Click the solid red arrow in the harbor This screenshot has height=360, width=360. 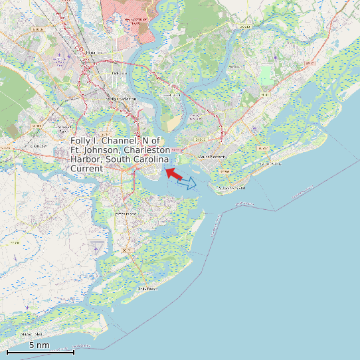coord(173,173)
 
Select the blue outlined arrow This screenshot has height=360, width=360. coord(187,183)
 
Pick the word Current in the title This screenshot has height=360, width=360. coord(86,169)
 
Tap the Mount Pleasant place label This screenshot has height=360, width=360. coord(213,157)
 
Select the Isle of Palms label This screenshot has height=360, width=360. coord(270,163)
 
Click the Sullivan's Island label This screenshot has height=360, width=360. coord(233,188)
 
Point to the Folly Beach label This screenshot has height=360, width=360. coord(147,289)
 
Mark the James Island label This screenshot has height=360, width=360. coord(125,214)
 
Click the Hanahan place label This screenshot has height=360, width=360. coord(94,52)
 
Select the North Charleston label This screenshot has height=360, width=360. coord(121,99)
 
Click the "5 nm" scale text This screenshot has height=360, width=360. coord(39,345)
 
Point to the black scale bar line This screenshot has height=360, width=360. coord(40,352)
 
